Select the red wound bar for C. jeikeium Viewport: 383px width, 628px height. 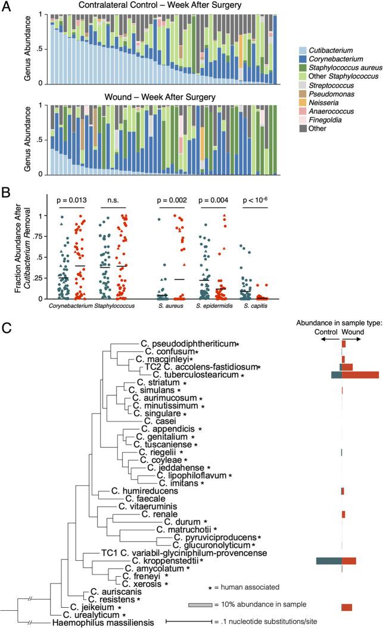coord(347,607)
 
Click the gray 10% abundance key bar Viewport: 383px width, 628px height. coord(200,605)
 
